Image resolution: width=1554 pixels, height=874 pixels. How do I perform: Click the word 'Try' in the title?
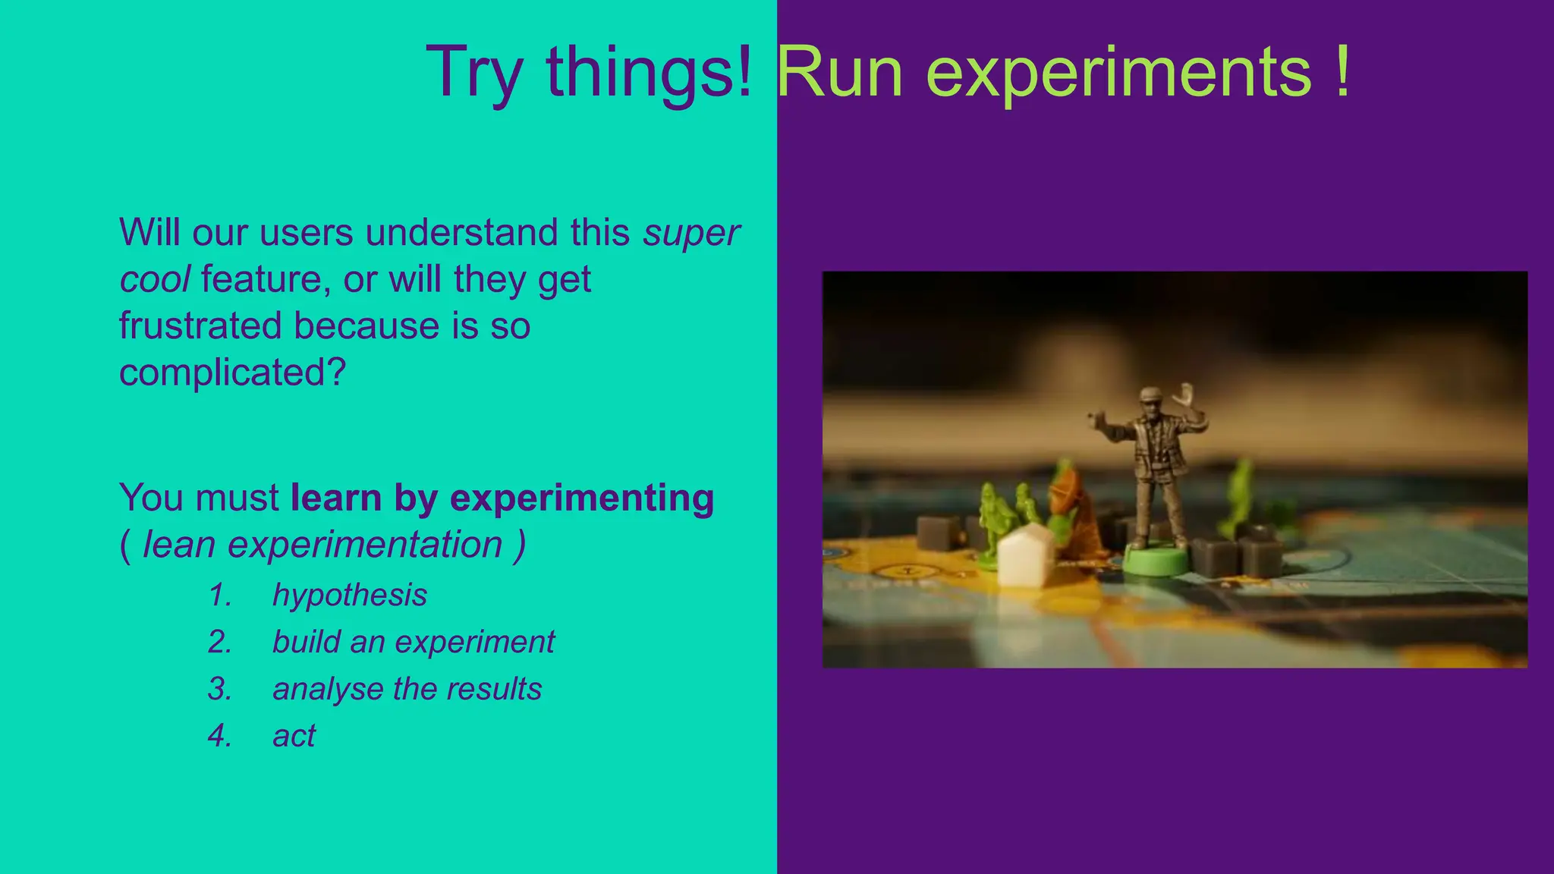pos(474,72)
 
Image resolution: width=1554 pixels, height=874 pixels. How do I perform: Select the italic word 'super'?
pos(691,233)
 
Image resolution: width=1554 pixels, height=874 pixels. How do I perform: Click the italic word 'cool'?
pos(155,279)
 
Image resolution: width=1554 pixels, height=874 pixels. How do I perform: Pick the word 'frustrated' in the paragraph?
pos(200,325)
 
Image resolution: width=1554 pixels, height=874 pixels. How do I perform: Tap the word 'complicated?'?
pos(232,373)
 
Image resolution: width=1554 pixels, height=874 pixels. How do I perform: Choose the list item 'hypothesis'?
pos(350,595)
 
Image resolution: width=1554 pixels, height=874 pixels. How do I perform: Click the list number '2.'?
pos(220,642)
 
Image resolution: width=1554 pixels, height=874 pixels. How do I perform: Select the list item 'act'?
pos(294,736)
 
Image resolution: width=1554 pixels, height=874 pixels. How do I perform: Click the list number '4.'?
pos(220,736)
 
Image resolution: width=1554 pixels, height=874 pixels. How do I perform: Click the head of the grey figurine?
pos(1150,400)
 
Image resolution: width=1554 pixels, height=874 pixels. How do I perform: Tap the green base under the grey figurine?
pos(1154,562)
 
